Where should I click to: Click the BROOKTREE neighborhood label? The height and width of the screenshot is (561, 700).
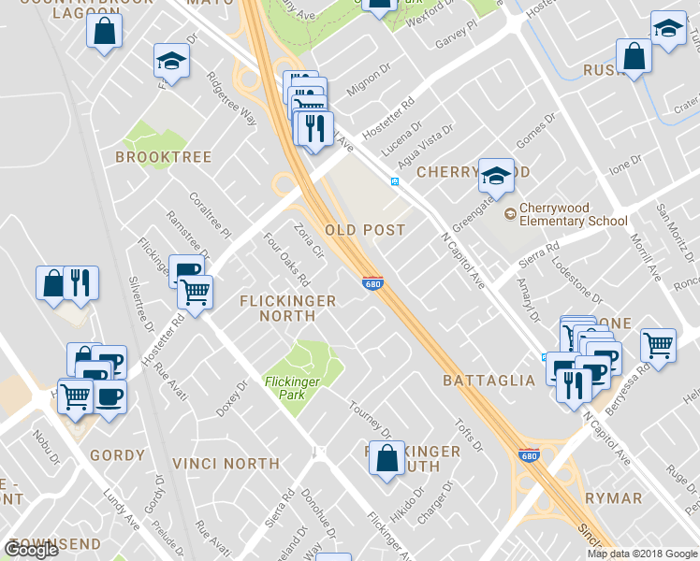(x=163, y=157)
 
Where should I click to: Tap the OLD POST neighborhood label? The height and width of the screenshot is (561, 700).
(x=364, y=229)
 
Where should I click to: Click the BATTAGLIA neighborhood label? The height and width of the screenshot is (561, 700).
(x=489, y=381)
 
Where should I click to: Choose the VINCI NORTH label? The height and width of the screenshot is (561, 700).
(x=226, y=463)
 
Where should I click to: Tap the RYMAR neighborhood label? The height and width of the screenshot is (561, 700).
(x=613, y=498)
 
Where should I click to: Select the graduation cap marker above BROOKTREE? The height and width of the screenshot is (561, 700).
(x=171, y=62)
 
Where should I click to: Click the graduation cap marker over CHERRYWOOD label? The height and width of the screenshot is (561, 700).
(x=496, y=174)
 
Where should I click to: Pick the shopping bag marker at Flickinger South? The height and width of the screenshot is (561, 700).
(x=386, y=459)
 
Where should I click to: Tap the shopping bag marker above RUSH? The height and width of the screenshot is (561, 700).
(x=634, y=56)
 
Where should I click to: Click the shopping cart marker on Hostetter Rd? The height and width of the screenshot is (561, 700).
(x=195, y=293)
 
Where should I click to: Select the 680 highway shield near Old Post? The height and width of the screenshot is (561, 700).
(x=372, y=282)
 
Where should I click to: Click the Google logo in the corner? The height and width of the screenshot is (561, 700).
(x=31, y=550)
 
